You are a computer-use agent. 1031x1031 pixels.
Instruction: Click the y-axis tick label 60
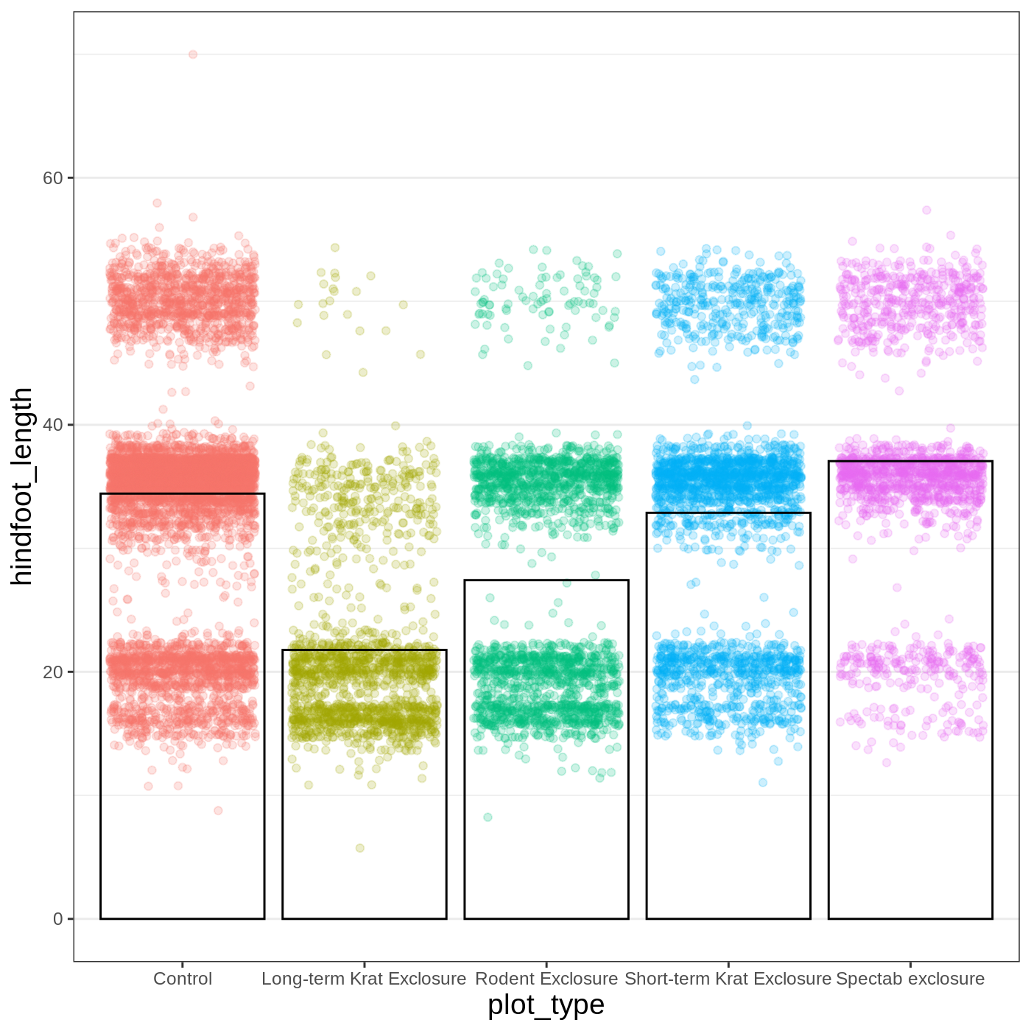coord(54,178)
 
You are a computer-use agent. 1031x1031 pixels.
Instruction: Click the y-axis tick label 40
coord(54,425)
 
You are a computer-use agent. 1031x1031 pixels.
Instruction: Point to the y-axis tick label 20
coord(54,672)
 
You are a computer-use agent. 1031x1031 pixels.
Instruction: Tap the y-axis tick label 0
coord(58,919)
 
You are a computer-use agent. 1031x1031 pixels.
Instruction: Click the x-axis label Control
coord(183,979)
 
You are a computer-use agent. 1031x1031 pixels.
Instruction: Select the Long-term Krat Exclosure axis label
coord(364,979)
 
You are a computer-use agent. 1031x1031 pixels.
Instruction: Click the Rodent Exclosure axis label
coord(546,979)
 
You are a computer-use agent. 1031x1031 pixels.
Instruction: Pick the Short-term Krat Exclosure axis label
coord(728,979)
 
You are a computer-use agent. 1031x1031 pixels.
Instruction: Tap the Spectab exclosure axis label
coord(910,979)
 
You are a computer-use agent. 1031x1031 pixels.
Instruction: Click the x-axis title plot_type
coord(546,1004)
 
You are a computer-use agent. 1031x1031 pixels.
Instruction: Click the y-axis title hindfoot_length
coord(22,486)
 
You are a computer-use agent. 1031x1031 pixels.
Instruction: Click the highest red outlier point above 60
coord(193,54)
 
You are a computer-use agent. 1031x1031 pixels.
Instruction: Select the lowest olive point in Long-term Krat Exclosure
coord(360,848)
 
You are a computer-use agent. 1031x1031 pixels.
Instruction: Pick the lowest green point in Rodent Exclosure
coord(488,817)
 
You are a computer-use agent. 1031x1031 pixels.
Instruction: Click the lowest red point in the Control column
coord(218,811)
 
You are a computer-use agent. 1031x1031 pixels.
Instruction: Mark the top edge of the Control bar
coord(183,494)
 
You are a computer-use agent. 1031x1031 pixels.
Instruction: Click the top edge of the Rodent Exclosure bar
coord(546,580)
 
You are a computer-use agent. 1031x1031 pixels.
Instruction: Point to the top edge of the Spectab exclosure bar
coord(910,462)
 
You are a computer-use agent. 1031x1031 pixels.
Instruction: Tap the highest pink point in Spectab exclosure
coord(927,211)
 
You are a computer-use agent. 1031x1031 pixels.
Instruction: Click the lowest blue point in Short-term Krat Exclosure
coord(763,783)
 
